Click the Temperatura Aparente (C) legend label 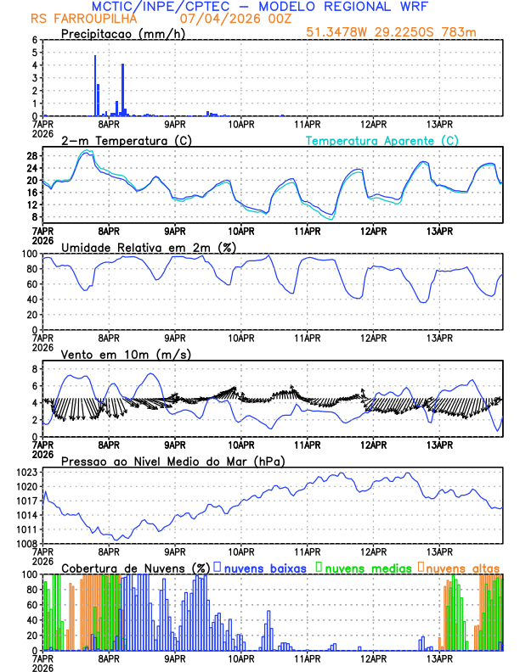(382, 140)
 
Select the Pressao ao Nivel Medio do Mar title (172, 461)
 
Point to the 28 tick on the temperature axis (31, 156)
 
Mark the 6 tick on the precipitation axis (35, 40)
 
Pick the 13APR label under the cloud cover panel (438, 658)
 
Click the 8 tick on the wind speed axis (35, 369)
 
